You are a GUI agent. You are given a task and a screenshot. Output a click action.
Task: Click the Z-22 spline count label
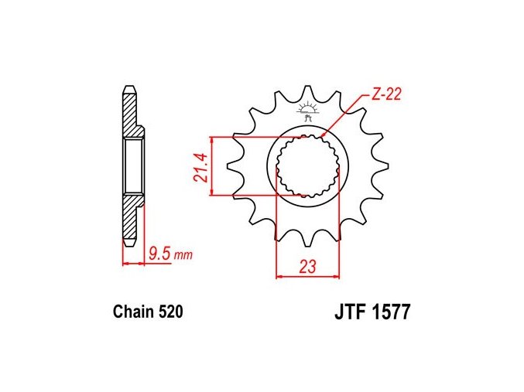pos(386,94)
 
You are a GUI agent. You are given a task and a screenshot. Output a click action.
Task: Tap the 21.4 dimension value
pos(200,167)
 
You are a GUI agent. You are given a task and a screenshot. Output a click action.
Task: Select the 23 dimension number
pos(307,267)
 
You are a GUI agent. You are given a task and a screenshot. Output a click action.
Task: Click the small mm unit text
pos(183,256)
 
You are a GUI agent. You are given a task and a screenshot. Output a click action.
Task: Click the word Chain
pos(134,312)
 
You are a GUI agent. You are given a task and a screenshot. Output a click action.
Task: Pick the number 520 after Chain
pos(171,312)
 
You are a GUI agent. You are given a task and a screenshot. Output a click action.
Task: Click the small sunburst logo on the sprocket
pos(307,111)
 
